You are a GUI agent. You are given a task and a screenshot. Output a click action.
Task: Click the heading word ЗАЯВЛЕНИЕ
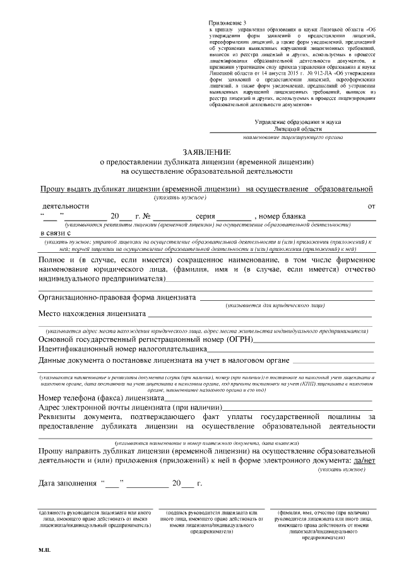[x=207, y=152]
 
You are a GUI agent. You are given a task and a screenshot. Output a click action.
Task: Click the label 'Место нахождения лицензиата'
[x=92, y=313]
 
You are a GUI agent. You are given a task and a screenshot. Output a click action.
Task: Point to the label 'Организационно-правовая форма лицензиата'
[x=117, y=296]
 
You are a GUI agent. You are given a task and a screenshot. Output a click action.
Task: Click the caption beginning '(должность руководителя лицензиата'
[x=95, y=518]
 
